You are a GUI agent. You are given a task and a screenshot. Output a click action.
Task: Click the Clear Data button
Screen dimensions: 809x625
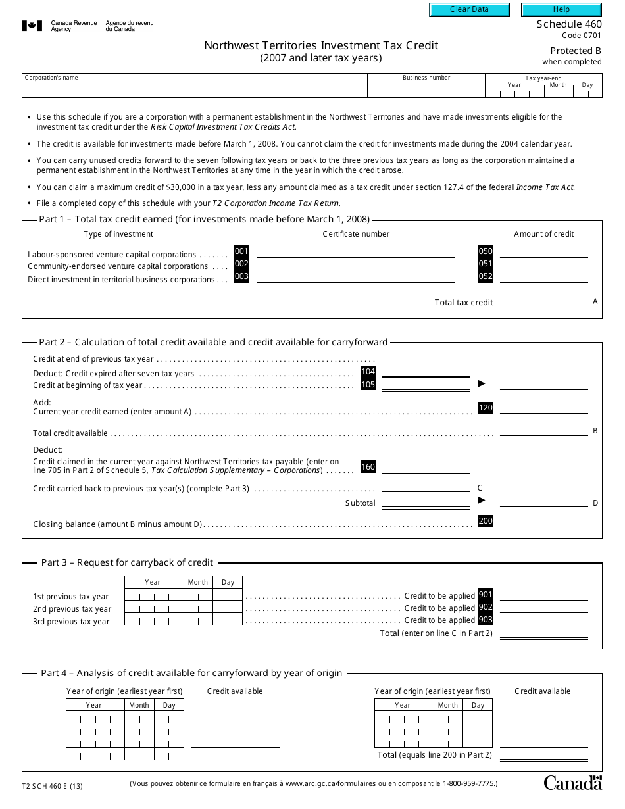coord(469,10)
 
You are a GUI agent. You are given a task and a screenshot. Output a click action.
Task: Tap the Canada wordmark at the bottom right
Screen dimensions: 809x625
coord(572,783)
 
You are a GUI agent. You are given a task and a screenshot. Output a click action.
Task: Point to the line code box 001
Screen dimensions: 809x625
coord(241,251)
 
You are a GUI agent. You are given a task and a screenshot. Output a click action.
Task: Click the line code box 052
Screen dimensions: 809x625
coord(486,277)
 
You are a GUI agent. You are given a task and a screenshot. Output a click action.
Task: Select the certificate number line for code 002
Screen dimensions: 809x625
coord(355,266)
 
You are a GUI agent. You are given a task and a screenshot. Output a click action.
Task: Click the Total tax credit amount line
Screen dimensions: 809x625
coord(543,303)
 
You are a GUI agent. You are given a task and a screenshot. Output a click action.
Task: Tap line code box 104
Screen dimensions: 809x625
coord(368,372)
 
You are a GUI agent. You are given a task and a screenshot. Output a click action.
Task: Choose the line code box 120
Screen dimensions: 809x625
coord(486,408)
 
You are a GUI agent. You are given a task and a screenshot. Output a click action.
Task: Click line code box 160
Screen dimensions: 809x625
coord(368,467)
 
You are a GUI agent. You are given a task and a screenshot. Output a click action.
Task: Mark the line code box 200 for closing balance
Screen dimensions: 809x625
coord(486,521)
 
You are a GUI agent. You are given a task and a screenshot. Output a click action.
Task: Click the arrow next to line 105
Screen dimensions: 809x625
coord(482,383)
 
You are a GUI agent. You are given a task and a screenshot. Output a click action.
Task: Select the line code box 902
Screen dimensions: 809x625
coord(486,608)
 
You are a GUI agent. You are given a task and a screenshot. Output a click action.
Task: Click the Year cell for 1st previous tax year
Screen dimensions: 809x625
coord(153,596)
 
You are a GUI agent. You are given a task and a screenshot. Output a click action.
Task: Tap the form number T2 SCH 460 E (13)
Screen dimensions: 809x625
coord(53,785)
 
